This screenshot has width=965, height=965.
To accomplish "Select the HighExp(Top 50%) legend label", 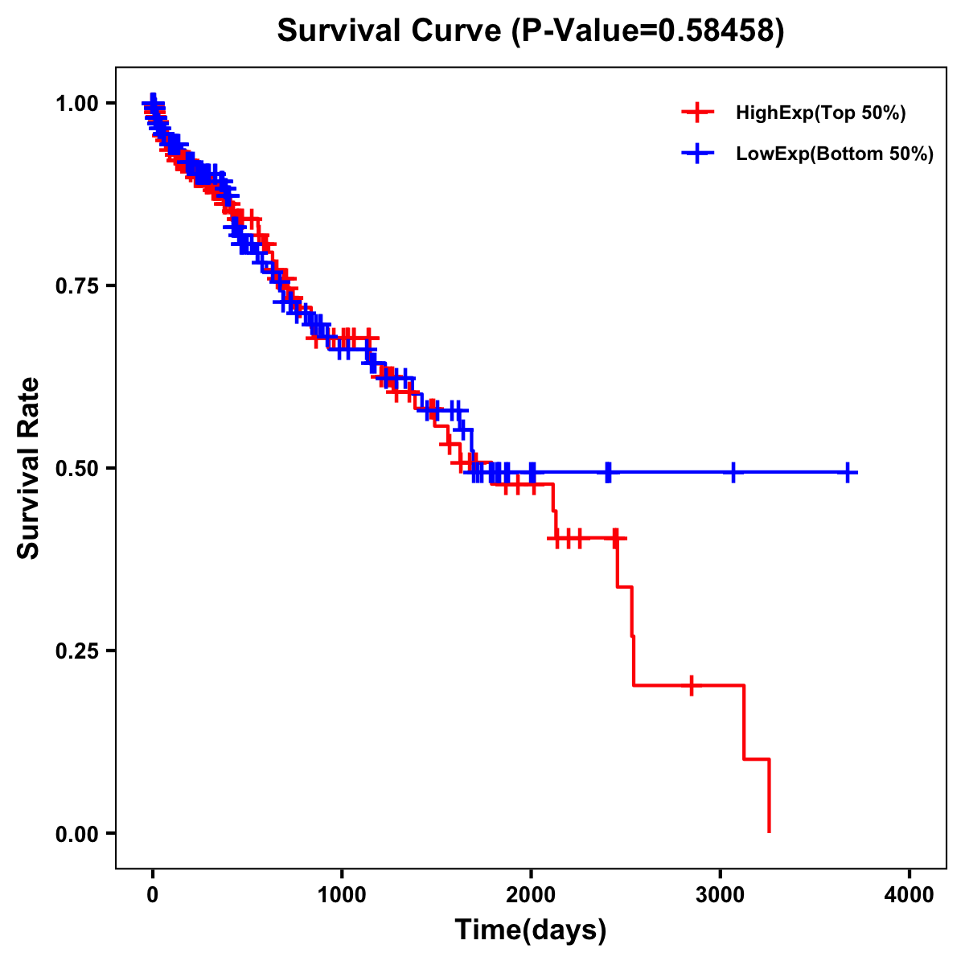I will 820,113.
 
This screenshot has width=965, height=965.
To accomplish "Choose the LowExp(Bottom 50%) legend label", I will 835,154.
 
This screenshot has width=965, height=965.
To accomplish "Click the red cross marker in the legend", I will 697,113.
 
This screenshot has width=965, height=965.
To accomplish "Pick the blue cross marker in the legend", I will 697,154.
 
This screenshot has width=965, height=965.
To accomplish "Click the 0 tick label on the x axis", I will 153,895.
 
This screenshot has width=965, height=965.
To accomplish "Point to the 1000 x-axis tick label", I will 342,895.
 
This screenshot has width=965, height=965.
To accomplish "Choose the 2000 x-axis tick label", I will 531,895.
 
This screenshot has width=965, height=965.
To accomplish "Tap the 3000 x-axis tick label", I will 721,895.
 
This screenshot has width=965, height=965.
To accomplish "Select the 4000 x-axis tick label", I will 910,895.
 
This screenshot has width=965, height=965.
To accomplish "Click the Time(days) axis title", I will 531,930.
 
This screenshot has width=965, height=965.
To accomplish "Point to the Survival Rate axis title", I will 29,468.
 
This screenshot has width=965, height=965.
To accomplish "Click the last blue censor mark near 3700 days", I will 847,473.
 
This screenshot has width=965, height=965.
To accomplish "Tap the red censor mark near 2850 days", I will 692,685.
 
